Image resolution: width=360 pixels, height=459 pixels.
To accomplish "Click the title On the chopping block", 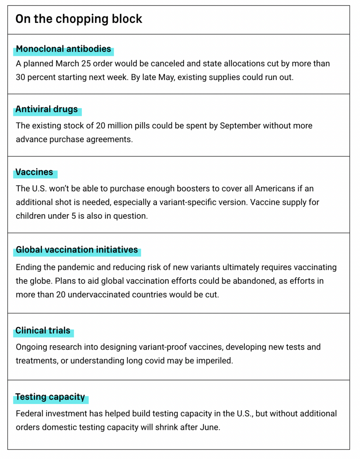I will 79,19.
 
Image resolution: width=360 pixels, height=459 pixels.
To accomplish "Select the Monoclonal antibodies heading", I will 64,49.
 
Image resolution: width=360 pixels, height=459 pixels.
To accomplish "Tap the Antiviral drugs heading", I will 47,109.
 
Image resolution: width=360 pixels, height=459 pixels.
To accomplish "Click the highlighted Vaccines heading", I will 34,172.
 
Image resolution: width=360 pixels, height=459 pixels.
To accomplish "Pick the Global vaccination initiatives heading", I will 77,250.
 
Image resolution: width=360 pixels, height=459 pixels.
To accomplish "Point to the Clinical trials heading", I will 43,330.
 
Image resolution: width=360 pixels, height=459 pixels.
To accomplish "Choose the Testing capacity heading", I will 50,397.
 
